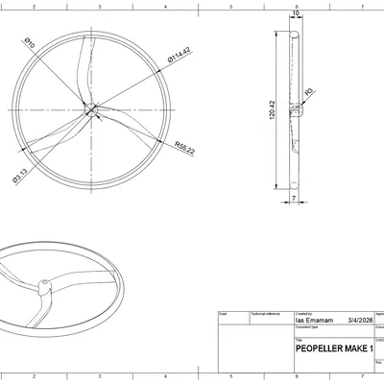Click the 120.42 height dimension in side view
pyautogui.click(x=273, y=111)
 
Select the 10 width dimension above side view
pyautogui.click(x=294, y=13)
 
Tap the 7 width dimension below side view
pyautogui.click(x=293, y=197)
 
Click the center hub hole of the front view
pyautogui.click(x=91, y=108)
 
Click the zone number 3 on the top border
pyautogui.click(x=100, y=5)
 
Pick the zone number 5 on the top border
pyautogui.click(x=230, y=5)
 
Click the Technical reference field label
pyautogui.click(x=264, y=313)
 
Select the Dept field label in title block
pyautogui.click(x=224, y=313)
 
